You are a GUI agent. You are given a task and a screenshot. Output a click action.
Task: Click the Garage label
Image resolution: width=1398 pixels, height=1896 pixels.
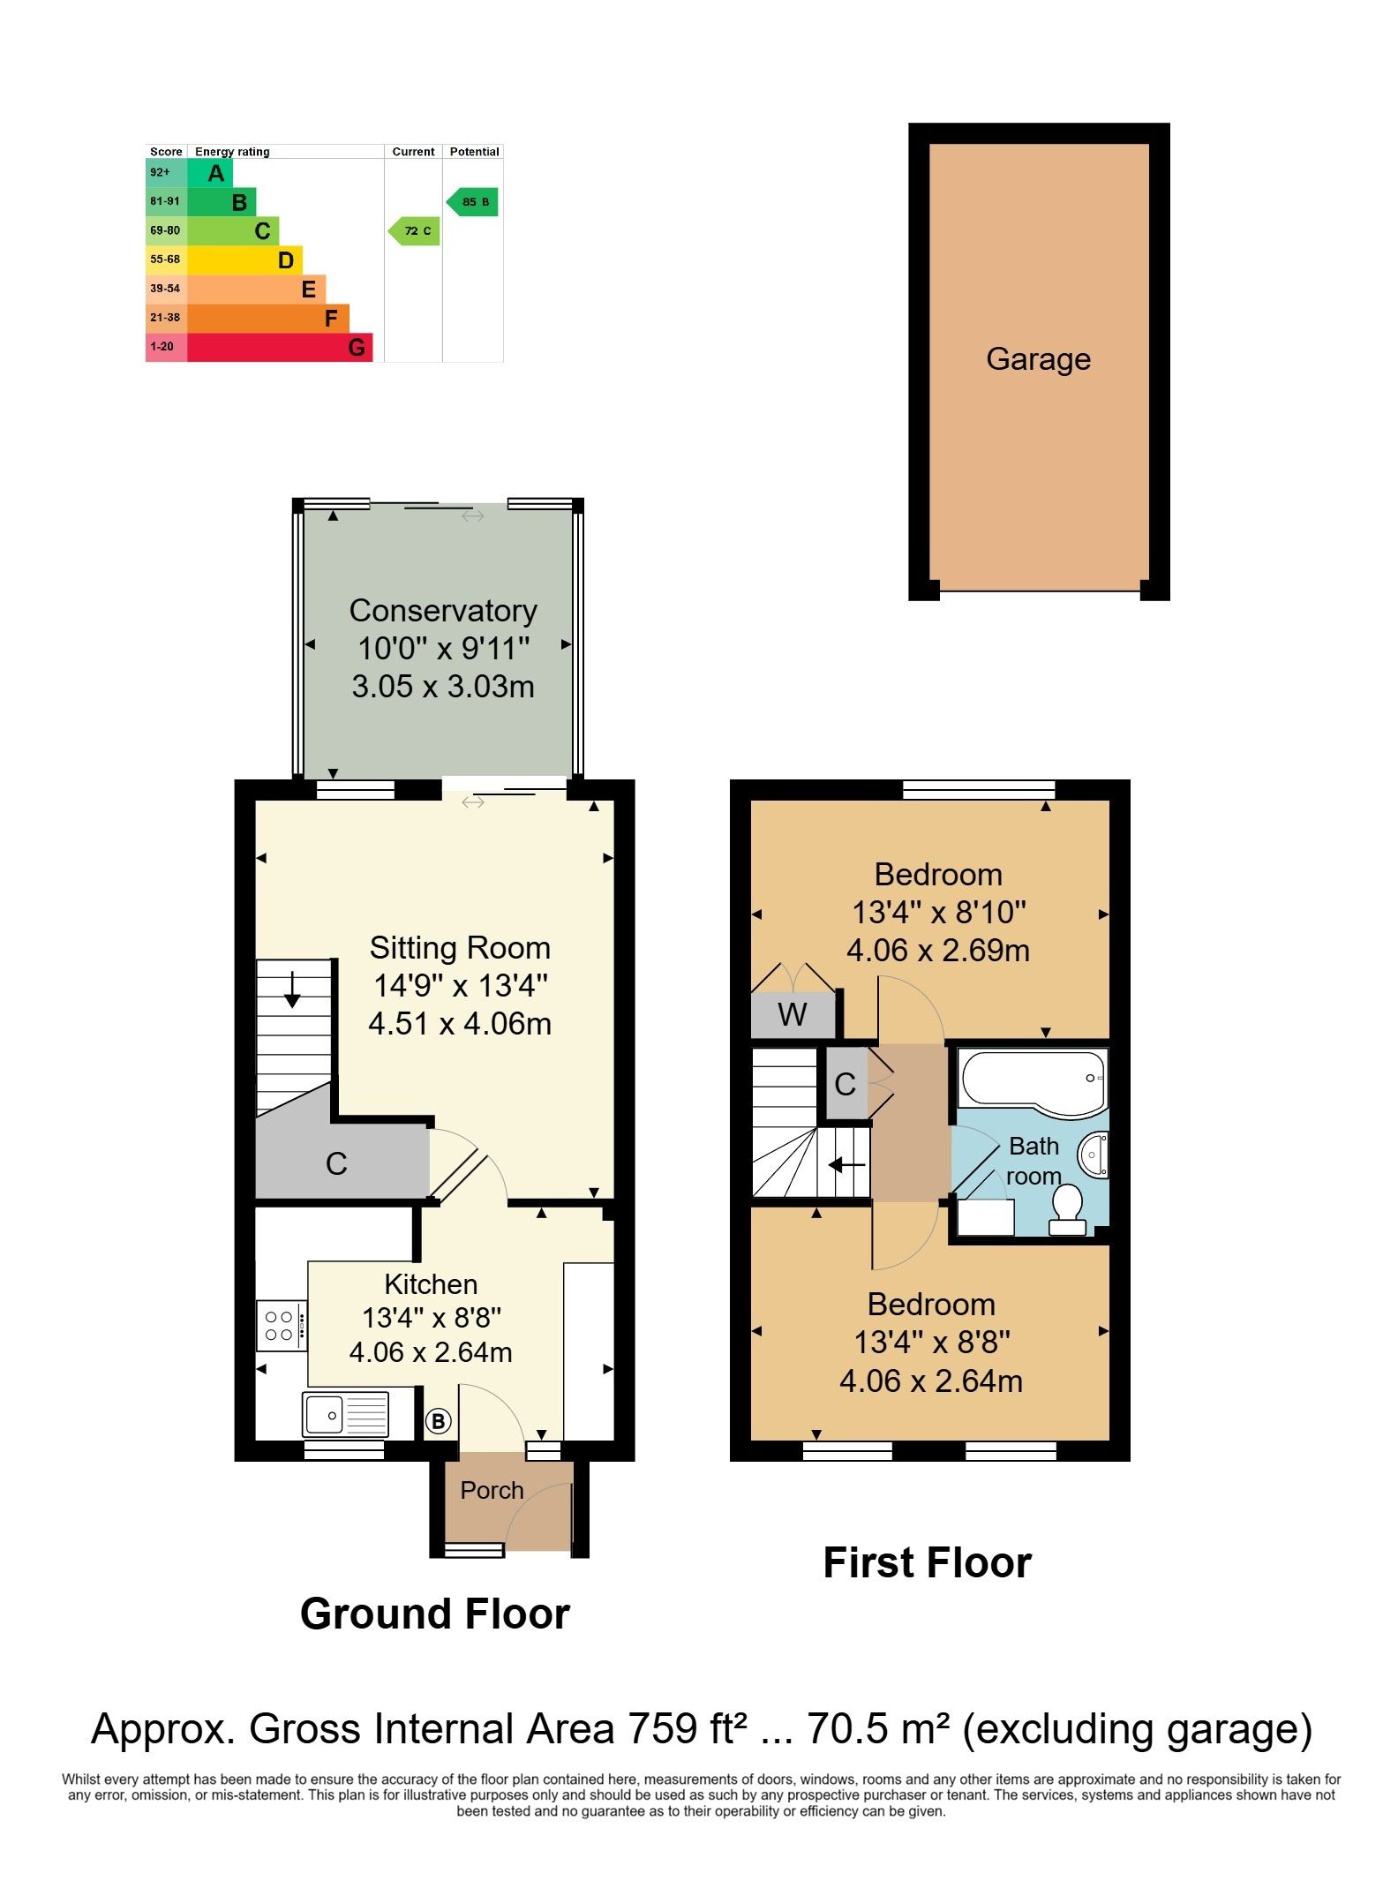click(1038, 359)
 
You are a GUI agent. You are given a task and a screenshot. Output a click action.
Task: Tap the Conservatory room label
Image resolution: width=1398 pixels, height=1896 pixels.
click(443, 610)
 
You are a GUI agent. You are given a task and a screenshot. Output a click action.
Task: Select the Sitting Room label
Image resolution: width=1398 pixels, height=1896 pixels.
click(460, 947)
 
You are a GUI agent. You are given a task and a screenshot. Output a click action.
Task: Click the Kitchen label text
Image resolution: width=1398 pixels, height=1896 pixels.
click(431, 1283)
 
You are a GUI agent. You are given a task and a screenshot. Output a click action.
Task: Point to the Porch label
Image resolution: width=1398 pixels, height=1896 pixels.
click(492, 1490)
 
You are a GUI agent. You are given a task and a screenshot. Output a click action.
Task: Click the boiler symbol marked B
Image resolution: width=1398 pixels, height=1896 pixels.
click(439, 1421)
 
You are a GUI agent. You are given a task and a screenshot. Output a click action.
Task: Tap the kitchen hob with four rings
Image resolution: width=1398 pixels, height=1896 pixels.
click(282, 1326)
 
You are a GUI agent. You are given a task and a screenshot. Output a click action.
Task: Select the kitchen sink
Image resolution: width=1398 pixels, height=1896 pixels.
click(345, 1415)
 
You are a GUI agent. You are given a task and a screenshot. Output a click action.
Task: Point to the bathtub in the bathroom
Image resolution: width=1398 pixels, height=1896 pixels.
click(1033, 1079)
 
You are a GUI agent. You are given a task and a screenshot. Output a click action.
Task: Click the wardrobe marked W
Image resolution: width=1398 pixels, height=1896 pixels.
click(793, 1014)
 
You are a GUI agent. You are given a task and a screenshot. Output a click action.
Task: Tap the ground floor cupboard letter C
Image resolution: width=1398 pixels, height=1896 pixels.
click(336, 1164)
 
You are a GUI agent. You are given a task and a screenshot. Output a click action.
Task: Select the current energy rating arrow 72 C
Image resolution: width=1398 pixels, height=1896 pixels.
click(414, 231)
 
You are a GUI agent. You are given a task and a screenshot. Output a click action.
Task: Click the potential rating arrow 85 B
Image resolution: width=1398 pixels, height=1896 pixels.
click(472, 202)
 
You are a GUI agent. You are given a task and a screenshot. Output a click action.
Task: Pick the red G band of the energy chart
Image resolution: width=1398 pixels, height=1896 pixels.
click(280, 348)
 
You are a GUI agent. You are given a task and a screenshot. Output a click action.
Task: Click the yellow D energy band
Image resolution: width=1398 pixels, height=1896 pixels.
click(244, 260)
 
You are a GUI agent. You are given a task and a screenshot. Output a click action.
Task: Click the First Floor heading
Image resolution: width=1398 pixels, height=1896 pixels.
click(928, 1563)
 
